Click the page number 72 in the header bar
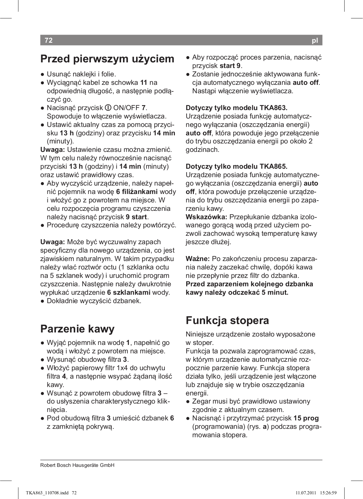pyautogui.click(x=49, y=40)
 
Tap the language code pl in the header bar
pyautogui.click(x=315, y=41)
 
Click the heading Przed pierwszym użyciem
pyautogui.click(x=107, y=59)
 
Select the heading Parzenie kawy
pyautogui.click(x=77, y=329)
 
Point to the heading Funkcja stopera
pyautogui.click(x=227, y=320)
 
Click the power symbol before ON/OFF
pyautogui.click(x=108, y=108)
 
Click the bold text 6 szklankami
pyautogui.click(x=129, y=293)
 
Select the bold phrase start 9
pyautogui.click(x=230, y=66)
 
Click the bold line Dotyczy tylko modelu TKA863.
pyautogui.click(x=236, y=108)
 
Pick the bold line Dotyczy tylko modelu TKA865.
pyautogui.click(x=236, y=167)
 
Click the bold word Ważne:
pyautogui.click(x=198, y=259)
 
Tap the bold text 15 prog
pyautogui.click(x=306, y=418)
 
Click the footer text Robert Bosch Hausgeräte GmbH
pyautogui.click(x=77, y=465)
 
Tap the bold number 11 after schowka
pyautogui.click(x=144, y=83)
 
